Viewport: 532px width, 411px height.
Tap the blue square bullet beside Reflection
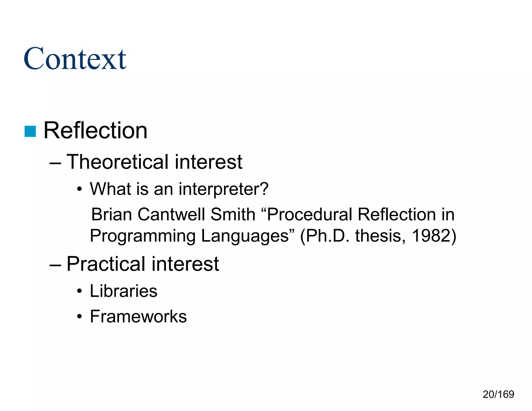point(30,131)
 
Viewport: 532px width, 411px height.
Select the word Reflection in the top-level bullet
point(95,130)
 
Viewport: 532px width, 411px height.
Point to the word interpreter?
point(223,189)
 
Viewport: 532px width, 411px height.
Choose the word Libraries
point(123,291)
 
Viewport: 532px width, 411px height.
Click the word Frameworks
point(138,317)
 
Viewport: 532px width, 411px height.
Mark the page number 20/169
point(498,394)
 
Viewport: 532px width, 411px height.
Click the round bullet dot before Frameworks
point(79,317)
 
